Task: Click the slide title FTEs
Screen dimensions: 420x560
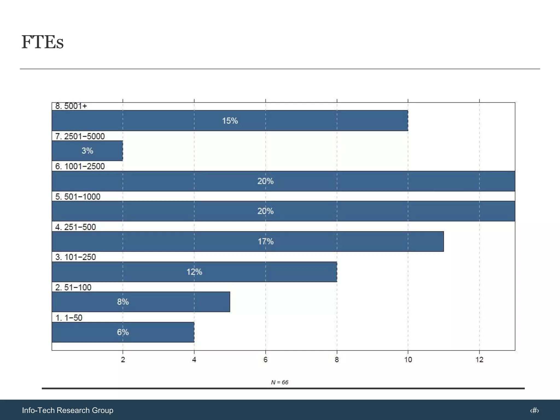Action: [43, 42]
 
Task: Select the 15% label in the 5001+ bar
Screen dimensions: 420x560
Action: [230, 121]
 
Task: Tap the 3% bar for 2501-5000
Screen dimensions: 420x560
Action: [87, 151]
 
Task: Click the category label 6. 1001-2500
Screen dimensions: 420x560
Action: [80, 166]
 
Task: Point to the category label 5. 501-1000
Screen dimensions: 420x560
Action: [78, 197]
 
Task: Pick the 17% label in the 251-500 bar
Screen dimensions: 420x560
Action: [266, 241]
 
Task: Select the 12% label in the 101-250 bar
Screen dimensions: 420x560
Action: [194, 272]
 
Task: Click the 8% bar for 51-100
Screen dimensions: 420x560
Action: [141, 302]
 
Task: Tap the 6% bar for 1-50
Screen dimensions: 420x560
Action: [123, 332]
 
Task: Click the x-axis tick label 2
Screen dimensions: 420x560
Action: [123, 360]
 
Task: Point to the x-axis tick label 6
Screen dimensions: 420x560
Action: [265, 360]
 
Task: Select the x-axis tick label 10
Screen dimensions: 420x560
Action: [408, 360]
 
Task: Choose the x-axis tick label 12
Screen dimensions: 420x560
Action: [479, 360]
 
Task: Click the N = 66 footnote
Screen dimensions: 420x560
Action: [279, 382]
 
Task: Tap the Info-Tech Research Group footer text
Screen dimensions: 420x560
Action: [68, 410]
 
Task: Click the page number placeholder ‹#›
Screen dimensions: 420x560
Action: [534, 410]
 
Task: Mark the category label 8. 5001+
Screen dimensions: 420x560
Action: [71, 106]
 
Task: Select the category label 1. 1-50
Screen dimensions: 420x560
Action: [69, 318]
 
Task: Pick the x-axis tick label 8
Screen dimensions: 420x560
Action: [337, 360]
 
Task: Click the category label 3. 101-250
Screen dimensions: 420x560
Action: [75, 257]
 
